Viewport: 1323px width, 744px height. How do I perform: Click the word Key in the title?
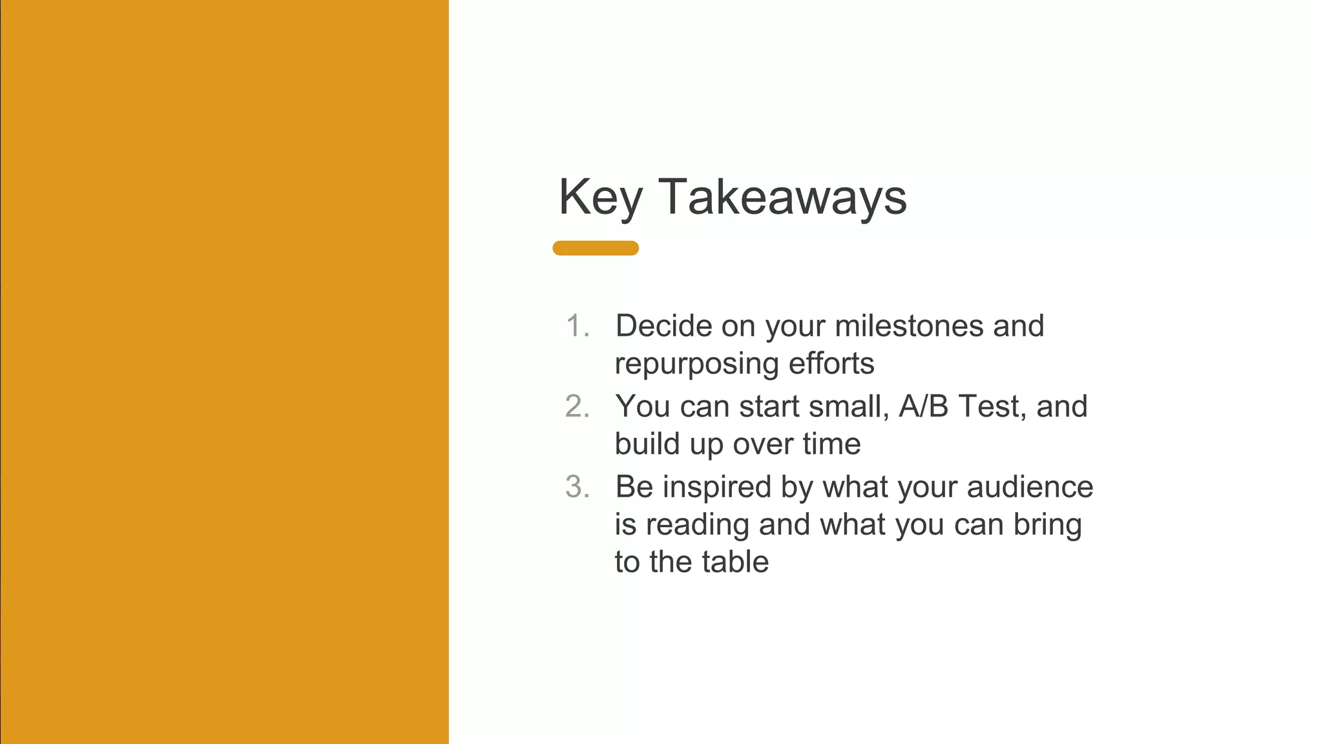[600, 198]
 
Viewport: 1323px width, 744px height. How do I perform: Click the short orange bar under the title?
[596, 248]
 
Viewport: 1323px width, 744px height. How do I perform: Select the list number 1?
[577, 326]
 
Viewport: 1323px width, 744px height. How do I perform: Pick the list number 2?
[577, 407]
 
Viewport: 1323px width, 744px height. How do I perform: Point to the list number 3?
[577, 487]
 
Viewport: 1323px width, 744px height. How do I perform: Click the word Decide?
[663, 325]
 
